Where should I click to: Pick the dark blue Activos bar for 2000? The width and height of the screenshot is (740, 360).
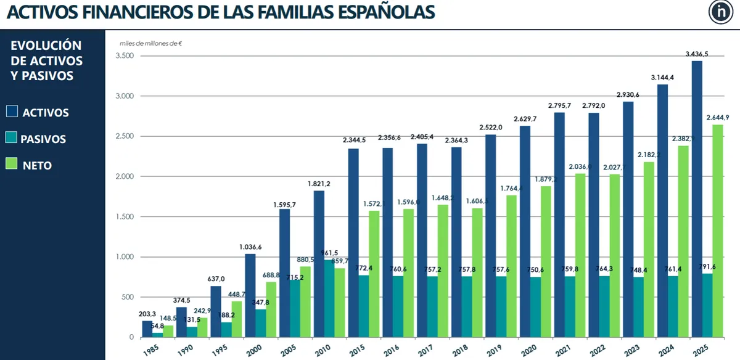click(x=250, y=295)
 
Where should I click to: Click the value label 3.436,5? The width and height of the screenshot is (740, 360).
click(x=697, y=54)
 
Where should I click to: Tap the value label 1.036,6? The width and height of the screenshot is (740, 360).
click(x=250, y=247)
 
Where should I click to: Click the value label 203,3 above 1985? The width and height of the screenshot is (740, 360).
click(x=147, y=314)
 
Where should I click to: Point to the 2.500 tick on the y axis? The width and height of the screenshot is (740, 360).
click(x=125, y=136)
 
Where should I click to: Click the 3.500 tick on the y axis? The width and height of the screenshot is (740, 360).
click(x=125, y=56)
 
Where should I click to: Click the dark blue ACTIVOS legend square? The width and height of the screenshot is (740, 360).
click(x=12, y=112)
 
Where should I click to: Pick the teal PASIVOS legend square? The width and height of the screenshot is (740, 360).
click(x=12, y=138)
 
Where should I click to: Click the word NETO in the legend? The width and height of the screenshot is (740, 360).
click(x=37, y=165)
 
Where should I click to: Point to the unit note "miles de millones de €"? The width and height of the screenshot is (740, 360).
click(x=150, y=43)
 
